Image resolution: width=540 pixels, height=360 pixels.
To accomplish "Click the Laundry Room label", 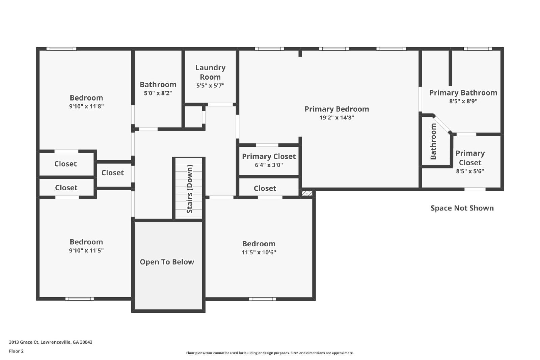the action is (x=210, y=72).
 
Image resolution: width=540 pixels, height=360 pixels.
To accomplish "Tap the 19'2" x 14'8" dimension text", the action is (x=336, y=118).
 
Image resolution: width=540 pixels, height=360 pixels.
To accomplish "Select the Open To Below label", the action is (x=167, y=262).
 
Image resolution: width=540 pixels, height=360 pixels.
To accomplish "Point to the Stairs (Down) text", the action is (x=190, y=189).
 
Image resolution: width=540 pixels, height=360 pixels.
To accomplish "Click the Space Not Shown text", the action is (x=462, y=208).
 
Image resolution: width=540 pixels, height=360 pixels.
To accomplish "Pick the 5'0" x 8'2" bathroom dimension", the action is (x=158, y=93).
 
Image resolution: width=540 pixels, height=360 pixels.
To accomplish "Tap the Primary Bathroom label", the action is (x=463, y=92).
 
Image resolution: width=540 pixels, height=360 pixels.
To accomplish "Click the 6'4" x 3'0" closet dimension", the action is (x=269, y=165).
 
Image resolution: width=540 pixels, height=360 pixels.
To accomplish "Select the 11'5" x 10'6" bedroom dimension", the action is (x=259, y=252).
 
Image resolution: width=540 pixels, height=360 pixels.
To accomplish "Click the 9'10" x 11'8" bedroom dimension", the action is (x=86, y=106).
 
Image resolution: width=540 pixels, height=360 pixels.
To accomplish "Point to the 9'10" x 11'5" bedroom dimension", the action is (x=86, y=250).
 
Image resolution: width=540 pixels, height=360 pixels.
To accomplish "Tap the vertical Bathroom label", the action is (x=433, y=141).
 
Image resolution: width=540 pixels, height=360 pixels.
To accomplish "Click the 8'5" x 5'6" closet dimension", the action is (x=470, y=171).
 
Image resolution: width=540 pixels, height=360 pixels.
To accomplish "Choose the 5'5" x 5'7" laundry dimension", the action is (x=210, y=86).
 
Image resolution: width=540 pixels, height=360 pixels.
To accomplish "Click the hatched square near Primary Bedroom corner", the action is (x=307, y=193).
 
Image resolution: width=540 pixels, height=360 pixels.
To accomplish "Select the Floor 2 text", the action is (x=17, y=351).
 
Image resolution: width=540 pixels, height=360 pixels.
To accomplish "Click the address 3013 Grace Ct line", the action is (x=51, y=342).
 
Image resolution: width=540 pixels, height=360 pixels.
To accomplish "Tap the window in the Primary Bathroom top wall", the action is (x=478, y=49).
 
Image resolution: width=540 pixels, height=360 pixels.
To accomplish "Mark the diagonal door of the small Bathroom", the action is (x=442, y=124).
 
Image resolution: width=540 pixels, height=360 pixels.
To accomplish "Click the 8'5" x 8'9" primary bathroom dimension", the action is (x=463, y=101).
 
